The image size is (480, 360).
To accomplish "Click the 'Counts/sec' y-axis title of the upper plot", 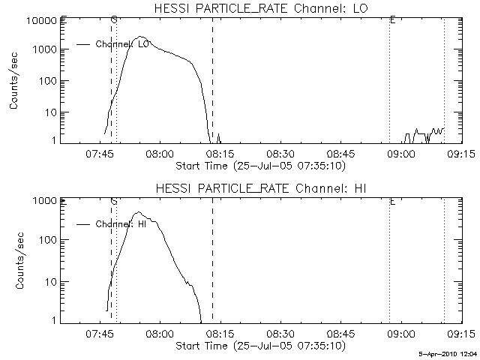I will [x=14, y=80].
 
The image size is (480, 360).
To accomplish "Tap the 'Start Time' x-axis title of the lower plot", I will [x=259, y=346].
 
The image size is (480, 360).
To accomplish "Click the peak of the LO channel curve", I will [x=140, y=37].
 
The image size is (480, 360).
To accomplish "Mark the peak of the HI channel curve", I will [x=139, y=212].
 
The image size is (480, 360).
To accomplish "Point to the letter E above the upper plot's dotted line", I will [x=392, y=19].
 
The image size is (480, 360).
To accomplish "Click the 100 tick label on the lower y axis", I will [x=48, y=241].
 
